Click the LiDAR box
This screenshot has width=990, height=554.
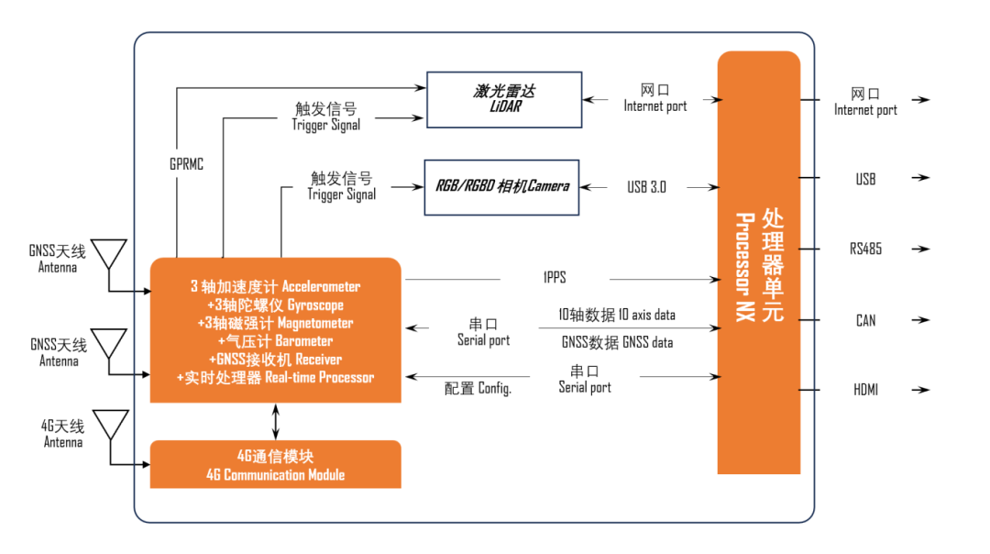[503, 99]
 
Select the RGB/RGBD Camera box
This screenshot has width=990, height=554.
[501, 187]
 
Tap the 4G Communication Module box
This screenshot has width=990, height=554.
[275, 465]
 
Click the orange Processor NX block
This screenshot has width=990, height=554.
[758, 262]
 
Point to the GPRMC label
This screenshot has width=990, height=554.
[186, 164]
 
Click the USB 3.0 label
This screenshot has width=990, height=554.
[646, 187]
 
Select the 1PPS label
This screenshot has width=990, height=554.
[555, 277]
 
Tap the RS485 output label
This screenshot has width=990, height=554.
[865, 249]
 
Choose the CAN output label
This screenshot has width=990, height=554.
[865, 320]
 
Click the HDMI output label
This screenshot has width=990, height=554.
[865, 390]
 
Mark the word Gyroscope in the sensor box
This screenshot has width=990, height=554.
[315, 305]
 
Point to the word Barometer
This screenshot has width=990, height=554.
[302, 341]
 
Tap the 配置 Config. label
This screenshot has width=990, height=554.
[478, 389]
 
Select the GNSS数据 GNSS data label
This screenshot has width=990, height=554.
[616, 342]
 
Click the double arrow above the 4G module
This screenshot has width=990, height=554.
[277, 421]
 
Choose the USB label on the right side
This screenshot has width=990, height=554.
[865, 179]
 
